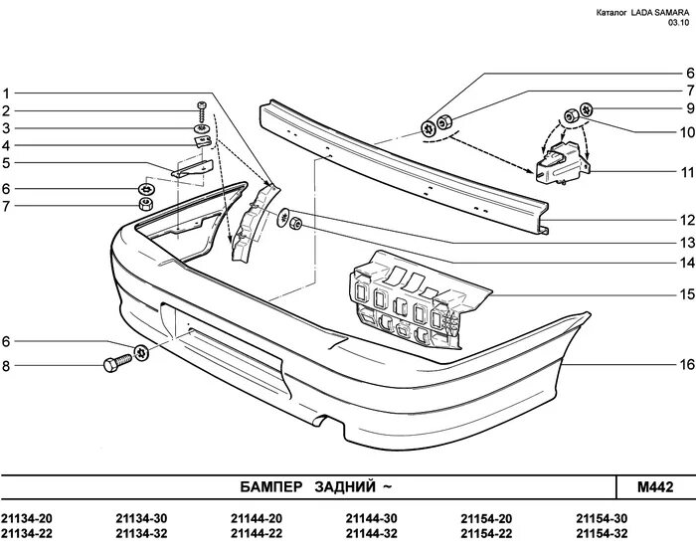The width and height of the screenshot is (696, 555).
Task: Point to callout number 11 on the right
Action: point(685,171)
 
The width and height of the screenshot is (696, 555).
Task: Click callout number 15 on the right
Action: point(685,294)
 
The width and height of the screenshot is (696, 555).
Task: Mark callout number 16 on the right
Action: point(685,364)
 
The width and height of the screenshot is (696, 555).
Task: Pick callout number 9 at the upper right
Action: point(685,107)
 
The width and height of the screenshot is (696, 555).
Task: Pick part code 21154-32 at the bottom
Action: point(602,535)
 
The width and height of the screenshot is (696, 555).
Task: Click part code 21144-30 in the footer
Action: point(371,518)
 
